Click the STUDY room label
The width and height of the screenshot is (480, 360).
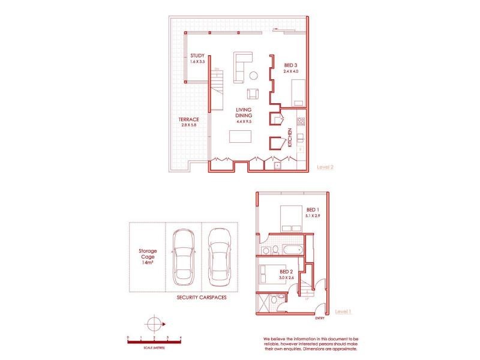tap(197, 59)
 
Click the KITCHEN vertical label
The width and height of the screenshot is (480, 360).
tap(290, 137)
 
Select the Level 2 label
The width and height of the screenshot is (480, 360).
tap(325, 167)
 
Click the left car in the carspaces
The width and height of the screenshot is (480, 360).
tap(182, 256)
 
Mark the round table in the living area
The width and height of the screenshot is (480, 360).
tap(254, 76)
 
